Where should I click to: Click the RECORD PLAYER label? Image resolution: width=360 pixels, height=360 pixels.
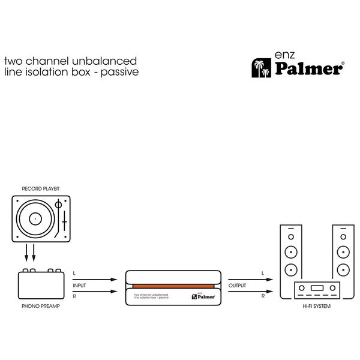40,188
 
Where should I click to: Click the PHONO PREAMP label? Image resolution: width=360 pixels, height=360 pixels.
40,306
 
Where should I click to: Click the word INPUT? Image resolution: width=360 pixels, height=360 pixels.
80,286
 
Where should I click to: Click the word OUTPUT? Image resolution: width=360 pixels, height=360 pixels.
238,286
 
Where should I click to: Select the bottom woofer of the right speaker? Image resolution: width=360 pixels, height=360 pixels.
343,268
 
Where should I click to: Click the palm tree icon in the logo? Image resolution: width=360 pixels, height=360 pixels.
261,68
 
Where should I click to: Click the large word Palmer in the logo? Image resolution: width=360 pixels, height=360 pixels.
308,69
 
